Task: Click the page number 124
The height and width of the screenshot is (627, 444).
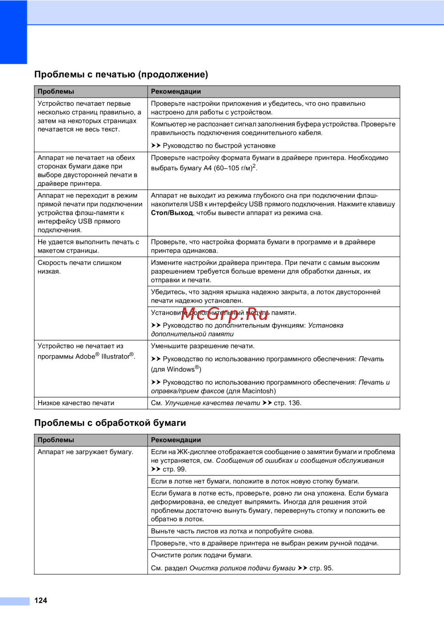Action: point(41,600)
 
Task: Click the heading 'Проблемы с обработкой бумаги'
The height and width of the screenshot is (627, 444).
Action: point(110,423)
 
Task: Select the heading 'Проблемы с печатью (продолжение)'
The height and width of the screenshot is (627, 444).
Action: point(121,75)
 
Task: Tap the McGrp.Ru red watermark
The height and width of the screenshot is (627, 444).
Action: point(225,315)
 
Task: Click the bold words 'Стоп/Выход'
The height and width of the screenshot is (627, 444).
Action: point(172,213)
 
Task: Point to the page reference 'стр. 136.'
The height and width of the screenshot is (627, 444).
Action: point(288,403)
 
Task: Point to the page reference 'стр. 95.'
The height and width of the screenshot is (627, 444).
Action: point(321,568)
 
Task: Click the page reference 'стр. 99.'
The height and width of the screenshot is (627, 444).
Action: point(174,469)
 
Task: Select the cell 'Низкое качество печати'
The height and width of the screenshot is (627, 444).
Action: point(76,403)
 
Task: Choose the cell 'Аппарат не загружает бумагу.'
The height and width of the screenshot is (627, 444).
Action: point(85,452)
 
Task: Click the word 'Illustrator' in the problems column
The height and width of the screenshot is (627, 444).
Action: point(115,356)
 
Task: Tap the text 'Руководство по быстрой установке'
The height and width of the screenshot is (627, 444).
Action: point(219,146)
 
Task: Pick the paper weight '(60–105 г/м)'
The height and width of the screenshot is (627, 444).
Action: point(233,168)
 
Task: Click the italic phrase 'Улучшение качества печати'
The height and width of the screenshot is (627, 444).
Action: point(212,403)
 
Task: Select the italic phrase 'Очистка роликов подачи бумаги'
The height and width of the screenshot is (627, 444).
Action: point(242,568)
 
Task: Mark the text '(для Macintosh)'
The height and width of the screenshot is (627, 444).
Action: point(251,391)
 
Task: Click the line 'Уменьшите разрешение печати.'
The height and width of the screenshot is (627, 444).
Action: point(202,346)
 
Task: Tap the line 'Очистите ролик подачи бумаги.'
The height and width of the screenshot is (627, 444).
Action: point(202,555)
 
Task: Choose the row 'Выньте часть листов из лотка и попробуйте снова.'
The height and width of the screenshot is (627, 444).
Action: point(232,531)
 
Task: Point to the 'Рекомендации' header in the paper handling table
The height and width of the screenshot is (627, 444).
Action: point(176,440)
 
